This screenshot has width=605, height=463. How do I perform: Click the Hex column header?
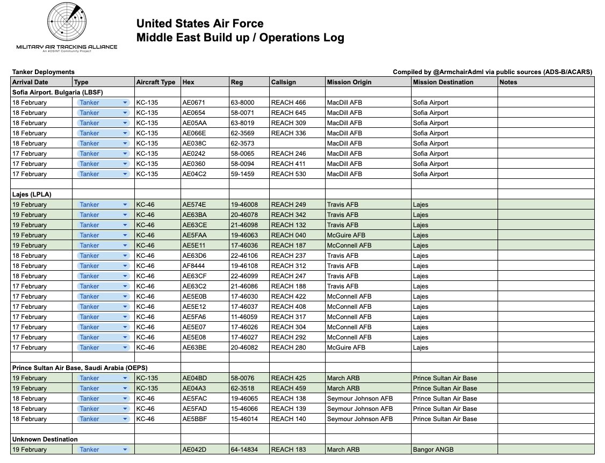[189, 82]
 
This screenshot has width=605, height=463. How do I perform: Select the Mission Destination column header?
[443, 82]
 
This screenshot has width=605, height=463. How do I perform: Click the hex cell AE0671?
[193, 103]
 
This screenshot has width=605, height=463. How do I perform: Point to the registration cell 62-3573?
[242, 143]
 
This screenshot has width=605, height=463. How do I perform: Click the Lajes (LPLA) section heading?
[32, 194]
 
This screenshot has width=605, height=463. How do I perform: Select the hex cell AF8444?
[193, 266]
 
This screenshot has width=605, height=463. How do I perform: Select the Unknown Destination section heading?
[45, 439]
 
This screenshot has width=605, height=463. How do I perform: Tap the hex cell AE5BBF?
[193, 419]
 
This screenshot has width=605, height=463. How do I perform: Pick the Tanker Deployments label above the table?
[44, 72]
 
